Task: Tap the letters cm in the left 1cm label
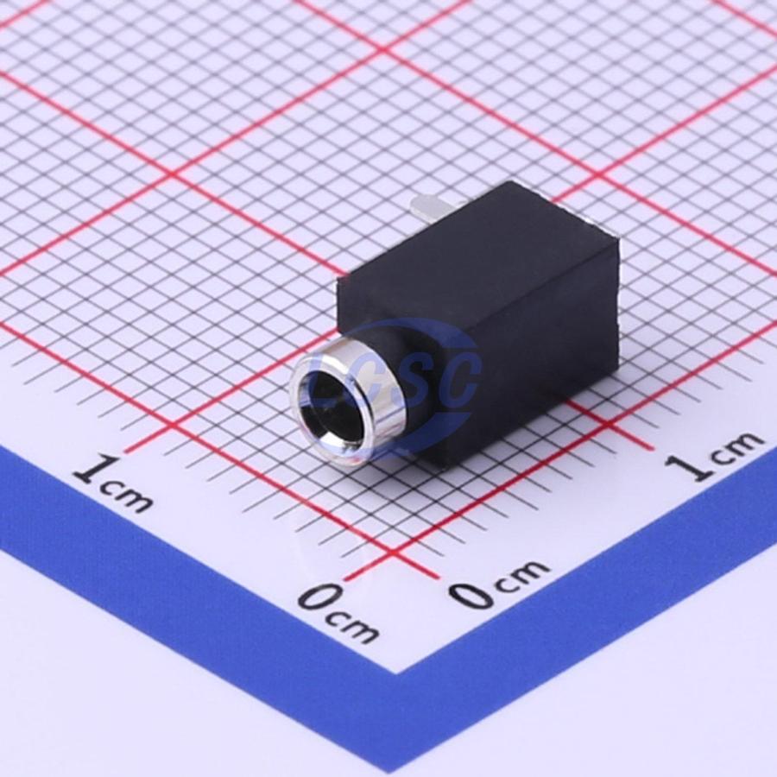[126, 496]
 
